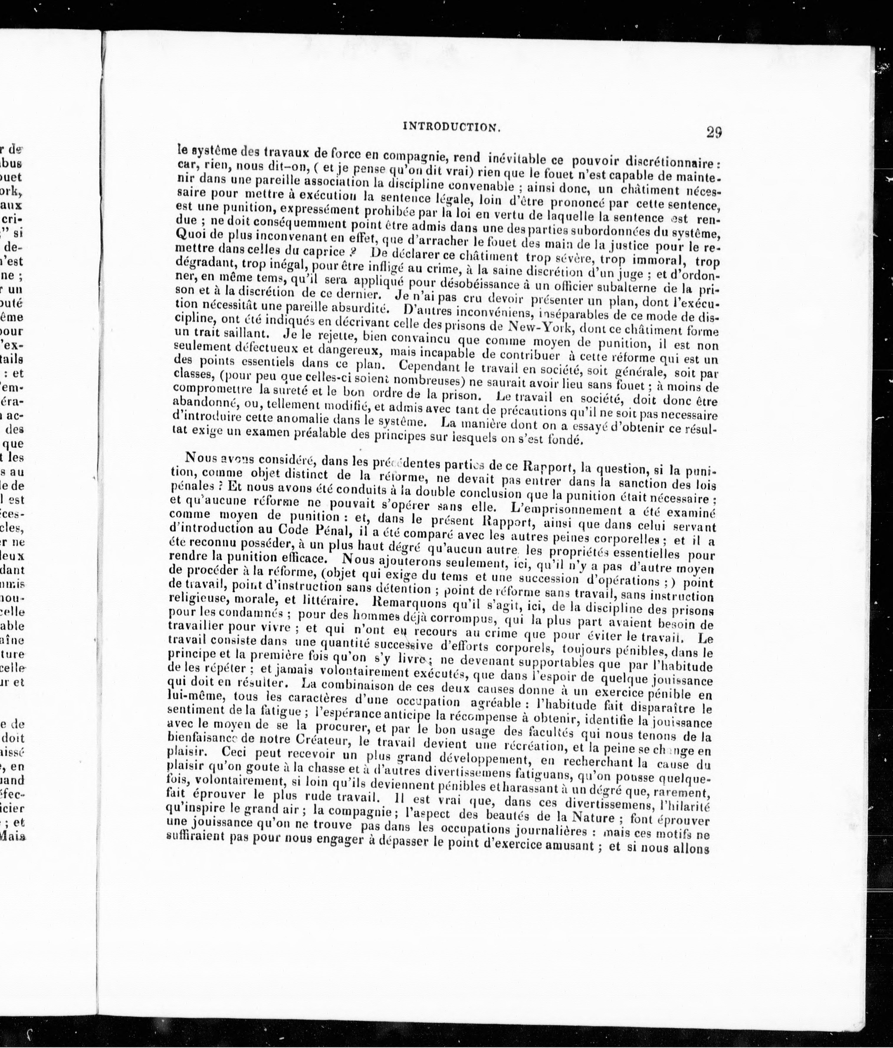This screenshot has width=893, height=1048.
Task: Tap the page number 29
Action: pos(714,132)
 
